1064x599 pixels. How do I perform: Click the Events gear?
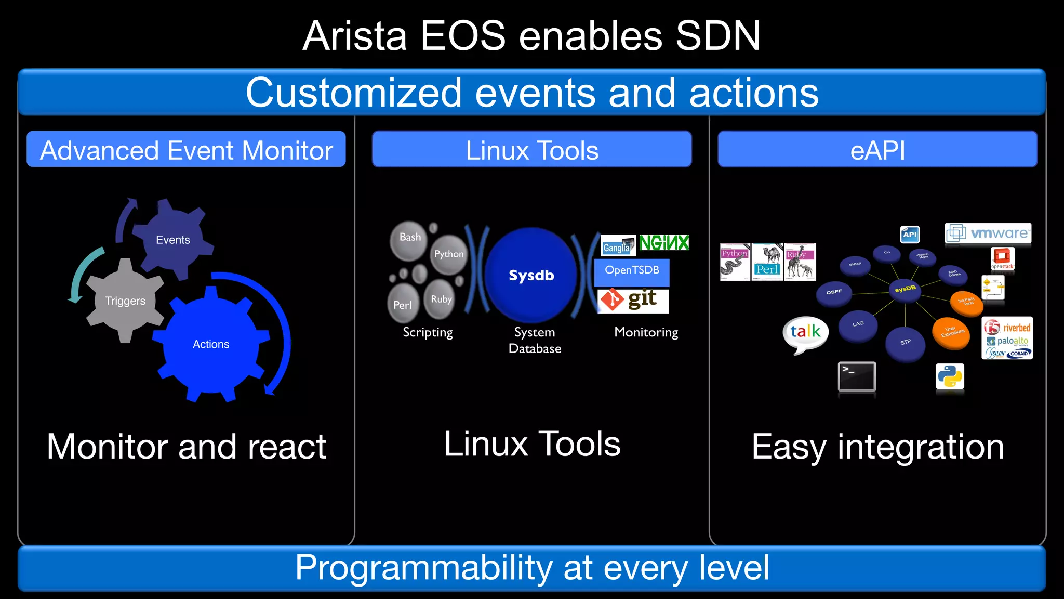coord(173,240)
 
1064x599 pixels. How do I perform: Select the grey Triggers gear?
coord(125,301)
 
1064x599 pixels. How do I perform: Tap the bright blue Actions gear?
coord(211,344)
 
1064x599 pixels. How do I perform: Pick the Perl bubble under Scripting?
coord(403,304)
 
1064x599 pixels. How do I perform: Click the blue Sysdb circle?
coord(531,275)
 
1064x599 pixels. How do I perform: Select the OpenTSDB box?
coord(632,271)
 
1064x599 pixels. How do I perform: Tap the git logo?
coord(633,300)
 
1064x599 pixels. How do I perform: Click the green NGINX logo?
coord(663,243)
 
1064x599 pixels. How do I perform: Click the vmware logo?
coord(988,233)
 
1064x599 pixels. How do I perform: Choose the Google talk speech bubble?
coord(805,332)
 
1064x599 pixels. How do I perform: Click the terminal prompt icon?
coord(857,376)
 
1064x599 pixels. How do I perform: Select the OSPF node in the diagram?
coord(834,292)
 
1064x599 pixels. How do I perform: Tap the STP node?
coord(906,343)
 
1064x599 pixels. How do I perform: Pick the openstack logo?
coord(1002,258)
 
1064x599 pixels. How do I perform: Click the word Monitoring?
coord(646,332)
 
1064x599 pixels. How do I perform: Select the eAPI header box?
coord(877,150)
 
